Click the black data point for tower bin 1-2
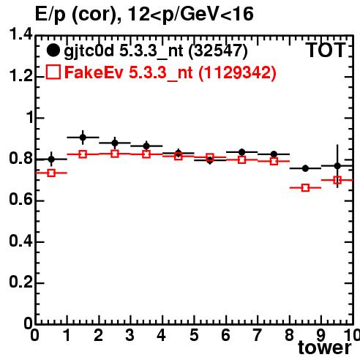pyautogui.click(x=83, y=138)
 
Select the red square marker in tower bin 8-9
pyautogui.click(x=305, y=188)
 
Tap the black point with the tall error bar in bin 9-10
pyautogui.click(x=337, y=166)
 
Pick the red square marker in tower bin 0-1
pyautogui.click(x=51, y=173)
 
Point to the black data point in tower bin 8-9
pyautogui.click(x=305, y=168)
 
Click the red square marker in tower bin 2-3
pyautogui.click(x=115, y=154)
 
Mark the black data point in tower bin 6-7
pyautogui.click(x=241, y=152)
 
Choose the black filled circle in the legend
pyautogui.click(x=53, y=50)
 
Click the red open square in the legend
pyautogui.click(x=53, y=72)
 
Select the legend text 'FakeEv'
pyautogui.click(x=94, y=72)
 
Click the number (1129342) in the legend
pyautogui.click(x=237, y=72)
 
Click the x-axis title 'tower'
pyautogui.click(x=325, y=348)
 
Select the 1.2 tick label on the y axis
pyautogui.click(x=20, y=76)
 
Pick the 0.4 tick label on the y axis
pyautogui.click(x=20, y=241)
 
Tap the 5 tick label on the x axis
pyautogui.click(x=194, y=335)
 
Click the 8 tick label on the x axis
pyautogui.click(x=289, y=335)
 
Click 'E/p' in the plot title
pyautogui.click(x=50, y=15)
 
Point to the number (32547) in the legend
pyautogui.click(x=218, y=51)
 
